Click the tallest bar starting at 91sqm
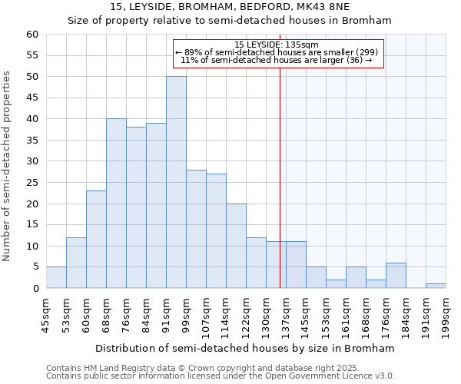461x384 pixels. click(x=176, y=182)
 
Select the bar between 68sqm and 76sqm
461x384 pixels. click(x=116, y=204)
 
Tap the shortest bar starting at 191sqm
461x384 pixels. click(x=436, y=286)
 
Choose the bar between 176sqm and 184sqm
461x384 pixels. click(x=396, y=275)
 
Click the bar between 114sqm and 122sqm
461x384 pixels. click(x=236, y=246)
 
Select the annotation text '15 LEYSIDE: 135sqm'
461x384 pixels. click(x=278, y=45)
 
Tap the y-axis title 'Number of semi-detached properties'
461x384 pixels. click(x=8, y=166)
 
